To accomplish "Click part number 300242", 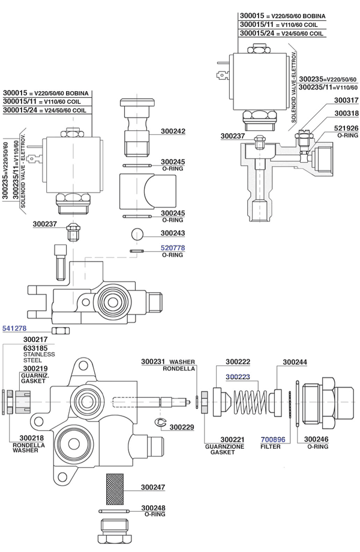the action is coord(173,131).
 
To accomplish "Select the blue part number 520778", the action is coord(173,248).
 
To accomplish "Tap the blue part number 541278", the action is coord(14,328).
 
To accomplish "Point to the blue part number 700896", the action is coord(273,439).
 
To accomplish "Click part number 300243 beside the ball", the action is coord(173,233).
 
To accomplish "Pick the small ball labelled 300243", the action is coord(137,234).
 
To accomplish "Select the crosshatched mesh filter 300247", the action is coord(115,489).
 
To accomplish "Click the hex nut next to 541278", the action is coord(61,331).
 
